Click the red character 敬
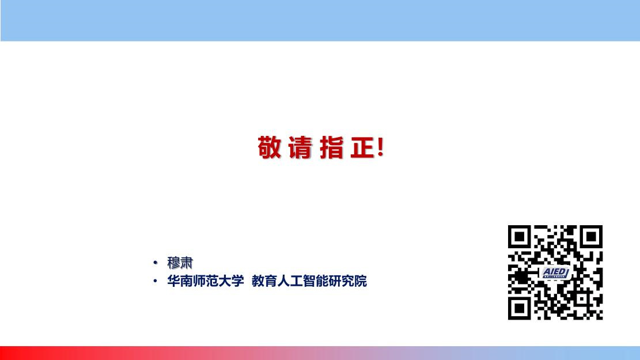[270, 147]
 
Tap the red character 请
[300, 147]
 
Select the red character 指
[331, 147]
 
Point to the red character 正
[362, 147]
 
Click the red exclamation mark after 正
[381, 147]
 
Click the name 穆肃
[180, 263]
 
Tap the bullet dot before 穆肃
[155, 263]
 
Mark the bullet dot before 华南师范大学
[155, 281]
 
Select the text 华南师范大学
[205, 281]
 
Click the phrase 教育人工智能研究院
[309, 281]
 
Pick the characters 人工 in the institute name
[290, 281]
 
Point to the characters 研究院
[348, 281]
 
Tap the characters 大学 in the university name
[231, 281]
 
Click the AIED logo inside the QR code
[555, 272]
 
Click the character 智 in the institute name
[309, 281]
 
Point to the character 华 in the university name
[173, 281]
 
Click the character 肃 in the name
[187, 263]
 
